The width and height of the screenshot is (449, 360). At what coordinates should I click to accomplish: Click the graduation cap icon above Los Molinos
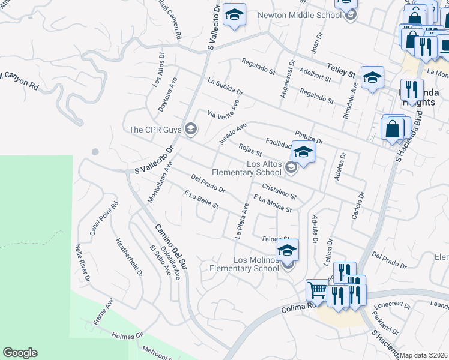click(x=287, y=250)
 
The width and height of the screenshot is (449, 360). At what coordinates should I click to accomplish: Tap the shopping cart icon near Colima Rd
click(x=317, y=290)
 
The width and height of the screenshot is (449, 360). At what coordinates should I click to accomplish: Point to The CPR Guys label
click(x=155, y=128)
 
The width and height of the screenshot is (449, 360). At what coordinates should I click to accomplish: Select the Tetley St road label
click(x=340, y=70)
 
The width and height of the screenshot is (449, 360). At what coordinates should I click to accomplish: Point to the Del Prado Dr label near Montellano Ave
click(x=208, y=184)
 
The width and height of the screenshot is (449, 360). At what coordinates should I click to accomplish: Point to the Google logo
click(x=20, y=353)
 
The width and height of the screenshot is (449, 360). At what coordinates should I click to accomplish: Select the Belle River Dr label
click(x=82, y=262)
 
